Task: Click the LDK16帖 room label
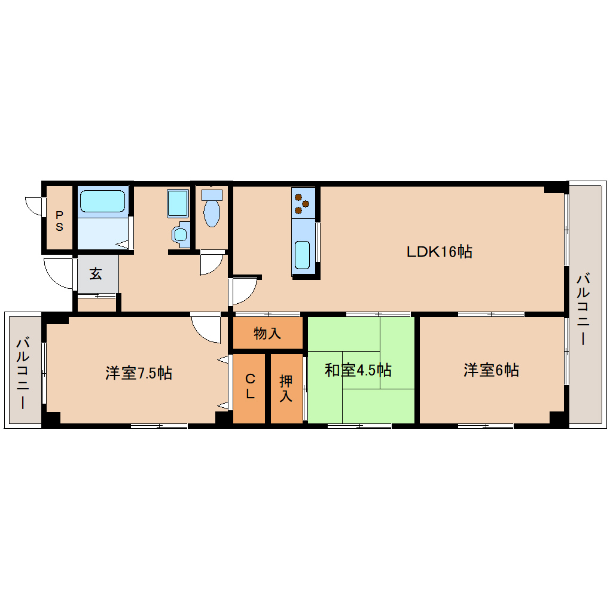pos(440,252)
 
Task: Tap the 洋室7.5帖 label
pos(139,373)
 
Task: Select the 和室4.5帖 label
pos(358,370)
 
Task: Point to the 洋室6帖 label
pos(491,370)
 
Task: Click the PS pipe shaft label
pos(59,221)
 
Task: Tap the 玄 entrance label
pos(96,274)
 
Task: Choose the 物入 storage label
pos(267,333)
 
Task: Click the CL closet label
pos(250,386)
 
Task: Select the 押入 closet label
pos(286,388)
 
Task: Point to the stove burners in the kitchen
pos(303,203)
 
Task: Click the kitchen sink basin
pos(302,255)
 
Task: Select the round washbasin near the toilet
pos(180,234)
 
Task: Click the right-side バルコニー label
pos(584,309)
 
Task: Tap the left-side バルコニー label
pos(23,373)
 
